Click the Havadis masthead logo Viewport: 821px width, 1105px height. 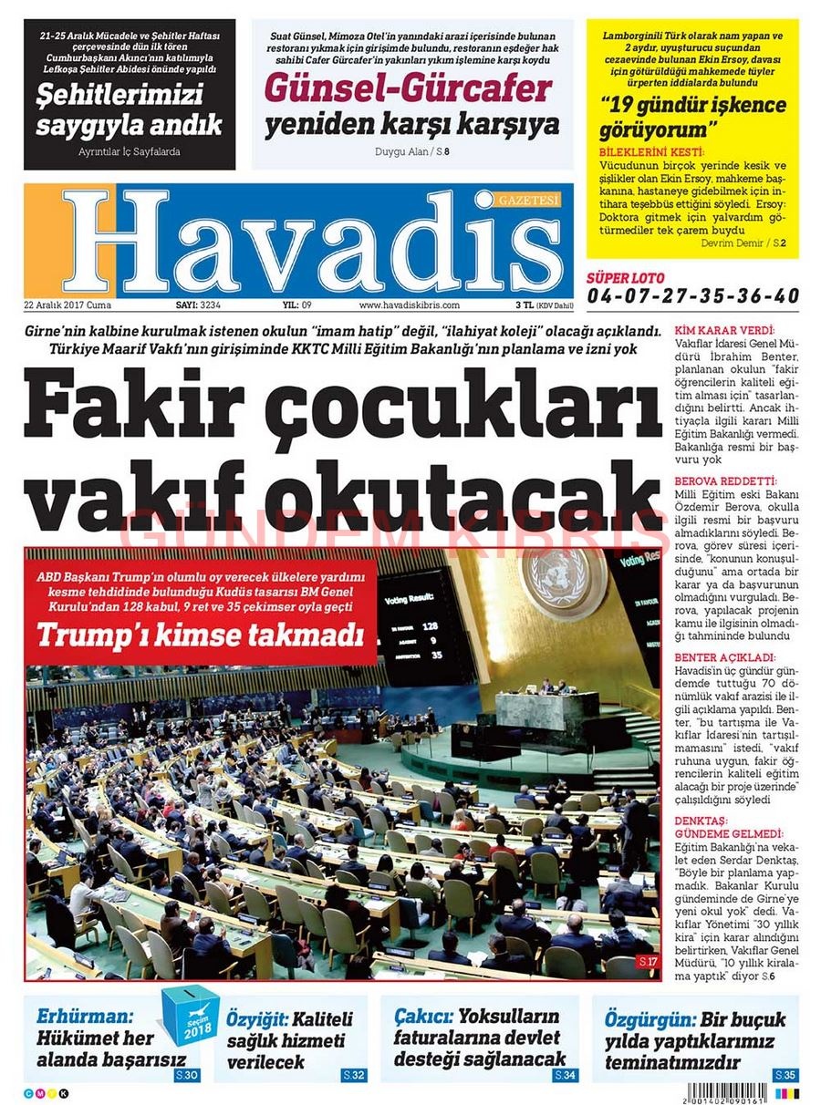click(x=301, y=242)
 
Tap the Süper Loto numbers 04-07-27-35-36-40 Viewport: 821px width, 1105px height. click(x=693, y=296)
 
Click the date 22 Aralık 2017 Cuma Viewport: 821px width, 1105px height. click(x=68, y=305)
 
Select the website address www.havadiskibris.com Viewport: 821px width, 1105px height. click(x=409, y=305)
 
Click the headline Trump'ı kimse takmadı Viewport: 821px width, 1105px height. click(x=200, y=634)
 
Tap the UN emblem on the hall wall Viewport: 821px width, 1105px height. click(x=563, y=577)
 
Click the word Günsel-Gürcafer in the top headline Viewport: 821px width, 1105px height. click(x=408, y=88)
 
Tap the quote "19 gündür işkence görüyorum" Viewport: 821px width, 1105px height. click(x=692, y=116)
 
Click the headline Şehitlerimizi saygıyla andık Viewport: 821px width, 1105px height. click(x=129, y=109)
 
